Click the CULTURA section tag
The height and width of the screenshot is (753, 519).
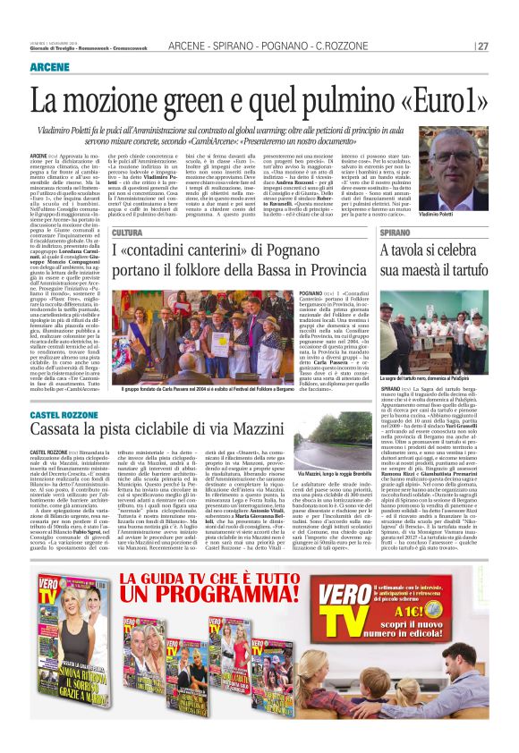point(127,233)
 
